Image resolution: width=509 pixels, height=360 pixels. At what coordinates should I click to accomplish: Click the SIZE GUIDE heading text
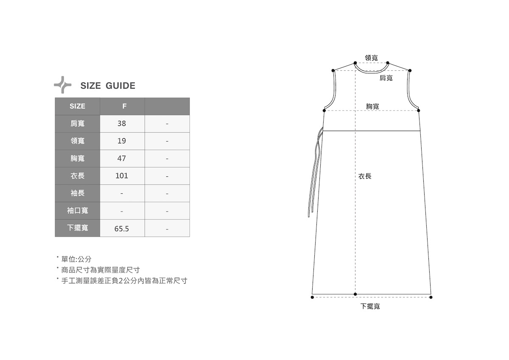tap(108, 86)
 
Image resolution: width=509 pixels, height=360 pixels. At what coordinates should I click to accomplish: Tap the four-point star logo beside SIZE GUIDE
tap(63, 85)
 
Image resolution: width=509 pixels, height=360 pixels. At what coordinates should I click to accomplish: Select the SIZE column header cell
tap(77, 106)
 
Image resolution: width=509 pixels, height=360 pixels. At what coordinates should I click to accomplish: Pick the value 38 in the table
tap(122, 123)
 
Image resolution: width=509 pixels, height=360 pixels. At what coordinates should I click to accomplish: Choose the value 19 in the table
tap(122, 141)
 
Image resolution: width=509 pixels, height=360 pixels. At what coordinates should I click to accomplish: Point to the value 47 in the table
tap(122, 158)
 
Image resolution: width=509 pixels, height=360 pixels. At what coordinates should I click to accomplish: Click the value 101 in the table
tap(122, 176)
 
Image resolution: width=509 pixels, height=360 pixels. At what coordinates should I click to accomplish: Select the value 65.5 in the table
tap(122, 229)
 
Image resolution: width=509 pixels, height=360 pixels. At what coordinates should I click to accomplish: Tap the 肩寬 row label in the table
tap(77, 123)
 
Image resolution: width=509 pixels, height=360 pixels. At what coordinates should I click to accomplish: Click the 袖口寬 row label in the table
tap(77, 210)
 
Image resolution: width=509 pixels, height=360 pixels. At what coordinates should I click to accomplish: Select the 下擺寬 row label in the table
tap(77, 228)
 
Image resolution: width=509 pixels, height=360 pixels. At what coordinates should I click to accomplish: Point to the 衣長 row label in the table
tap(77, 176)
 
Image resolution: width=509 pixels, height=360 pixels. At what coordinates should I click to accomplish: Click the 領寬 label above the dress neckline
tap(372, 58)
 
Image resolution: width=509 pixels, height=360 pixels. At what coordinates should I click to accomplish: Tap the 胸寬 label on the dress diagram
tap(373, 106)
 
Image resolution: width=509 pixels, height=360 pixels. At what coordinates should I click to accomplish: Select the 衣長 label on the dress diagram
tap(365, 176)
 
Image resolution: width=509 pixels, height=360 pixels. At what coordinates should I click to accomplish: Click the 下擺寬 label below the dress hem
tap(370, 306)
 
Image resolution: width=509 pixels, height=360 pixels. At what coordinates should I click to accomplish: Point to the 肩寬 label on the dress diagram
tap(386, 78)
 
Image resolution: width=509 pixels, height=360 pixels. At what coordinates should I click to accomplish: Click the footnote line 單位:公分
tap(76, 259)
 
